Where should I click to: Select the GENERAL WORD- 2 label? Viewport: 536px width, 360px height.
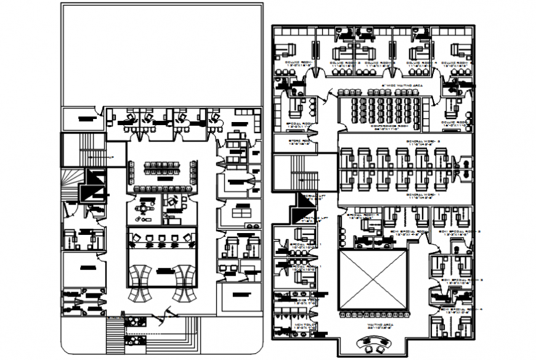pyautogui.click(x=422, y=141)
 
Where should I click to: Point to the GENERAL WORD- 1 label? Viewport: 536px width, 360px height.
pyautogui.click(x=422, y=195)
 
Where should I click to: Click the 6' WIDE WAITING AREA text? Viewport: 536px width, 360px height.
pyautogui.click(x=402, y=86)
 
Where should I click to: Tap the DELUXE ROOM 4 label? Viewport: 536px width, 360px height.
pyautogui.click(x=421, y=63)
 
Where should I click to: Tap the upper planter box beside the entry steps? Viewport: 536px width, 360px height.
pyautogui.click(x=132, y=320)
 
